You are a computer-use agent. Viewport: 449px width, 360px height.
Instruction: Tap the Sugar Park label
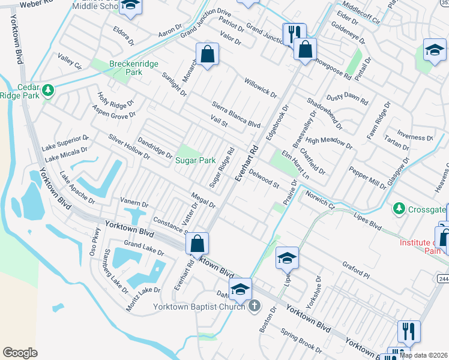pyautogui.click(x=195, y=160)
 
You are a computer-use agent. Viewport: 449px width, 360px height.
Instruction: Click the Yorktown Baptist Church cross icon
pyautogui.click(x=254, y=307)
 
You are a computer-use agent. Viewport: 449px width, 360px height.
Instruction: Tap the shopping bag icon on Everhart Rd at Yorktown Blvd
pyautogui.click(x=197, y=244)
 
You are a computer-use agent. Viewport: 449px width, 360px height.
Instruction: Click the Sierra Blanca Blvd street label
pyautogui.click(x=235, y=114)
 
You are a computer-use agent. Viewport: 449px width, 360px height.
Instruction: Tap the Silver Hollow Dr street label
pyautogui.click(x=129, y=146)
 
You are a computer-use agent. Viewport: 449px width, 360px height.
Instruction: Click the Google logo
pyautogui.click(x=20, y=353)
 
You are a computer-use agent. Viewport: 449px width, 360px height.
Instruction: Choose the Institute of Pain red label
pyautogui.click(x=424, y=246)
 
